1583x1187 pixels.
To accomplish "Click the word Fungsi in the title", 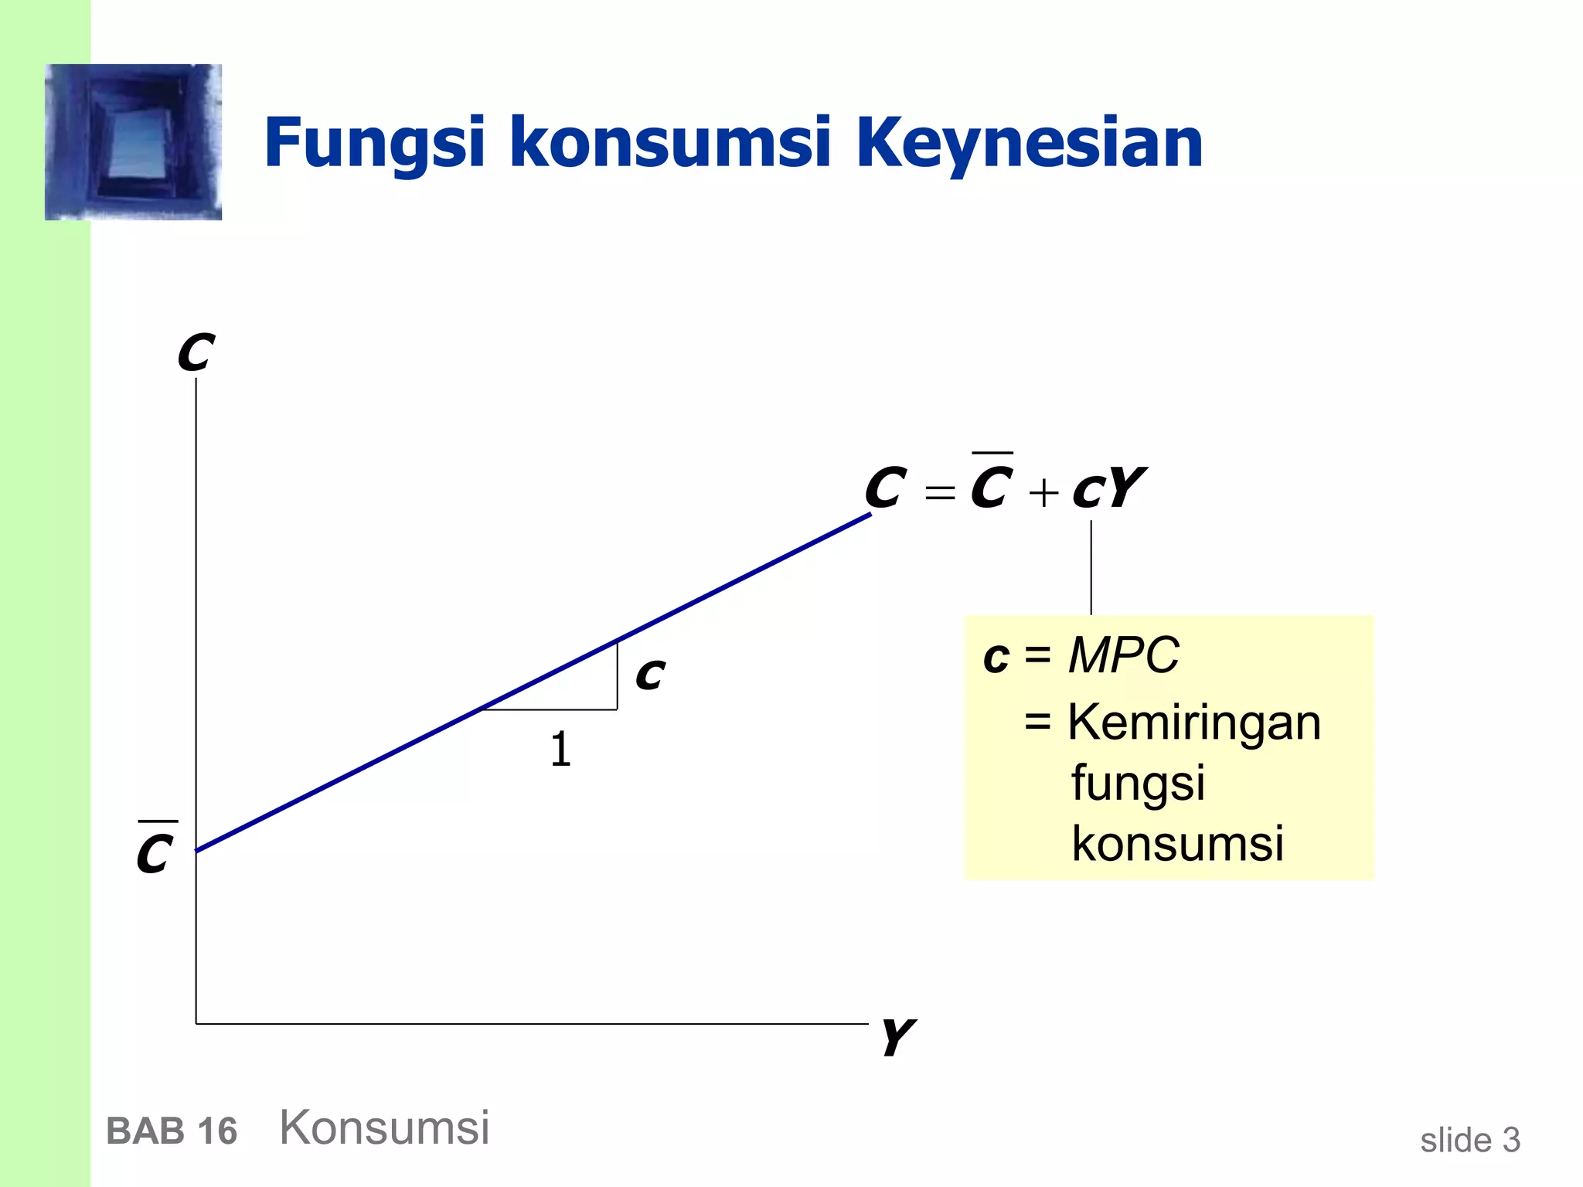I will click(374, 145).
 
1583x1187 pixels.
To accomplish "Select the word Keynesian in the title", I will click(1030, 145).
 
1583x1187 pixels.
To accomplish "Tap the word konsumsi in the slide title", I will click(670, 143).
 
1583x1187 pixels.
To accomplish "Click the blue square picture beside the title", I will click(133, 142).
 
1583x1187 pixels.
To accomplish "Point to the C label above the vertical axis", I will click(196, 354).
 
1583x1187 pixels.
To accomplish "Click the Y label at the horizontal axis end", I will click(897, 1037).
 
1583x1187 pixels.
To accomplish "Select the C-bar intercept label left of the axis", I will click(155, 850).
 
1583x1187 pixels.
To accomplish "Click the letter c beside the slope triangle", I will click(650, 675).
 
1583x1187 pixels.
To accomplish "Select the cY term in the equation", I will click(1108, 489).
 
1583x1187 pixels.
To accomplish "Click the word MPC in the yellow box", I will click(1123, 655).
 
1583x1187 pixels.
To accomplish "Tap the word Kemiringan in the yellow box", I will click(1194, 723).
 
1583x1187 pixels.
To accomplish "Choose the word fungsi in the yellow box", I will click(1138, 784).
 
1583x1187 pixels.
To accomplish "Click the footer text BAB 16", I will click(172, 1131).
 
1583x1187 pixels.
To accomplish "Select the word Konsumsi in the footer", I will click(384, 1127).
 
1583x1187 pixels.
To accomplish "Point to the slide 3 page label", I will click(1469, 1140).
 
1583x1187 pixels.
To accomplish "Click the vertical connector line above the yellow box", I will click(1091, 568).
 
